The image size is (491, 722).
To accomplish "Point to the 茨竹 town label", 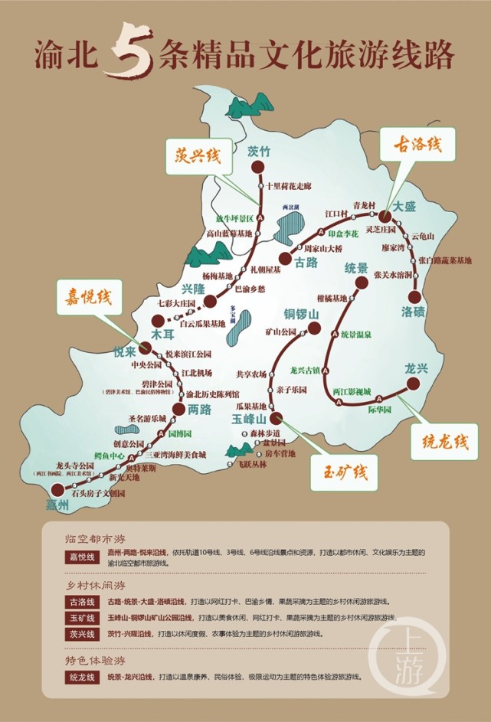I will click(260, 152).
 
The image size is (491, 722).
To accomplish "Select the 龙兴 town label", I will click(418, 368).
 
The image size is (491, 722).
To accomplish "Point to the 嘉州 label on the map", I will click(57, 506).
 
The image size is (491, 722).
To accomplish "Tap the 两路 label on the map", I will click(198, 410).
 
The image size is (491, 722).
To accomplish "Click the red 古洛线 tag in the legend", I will click(80, 601).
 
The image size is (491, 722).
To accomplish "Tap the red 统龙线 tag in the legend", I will click(80, 677).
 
